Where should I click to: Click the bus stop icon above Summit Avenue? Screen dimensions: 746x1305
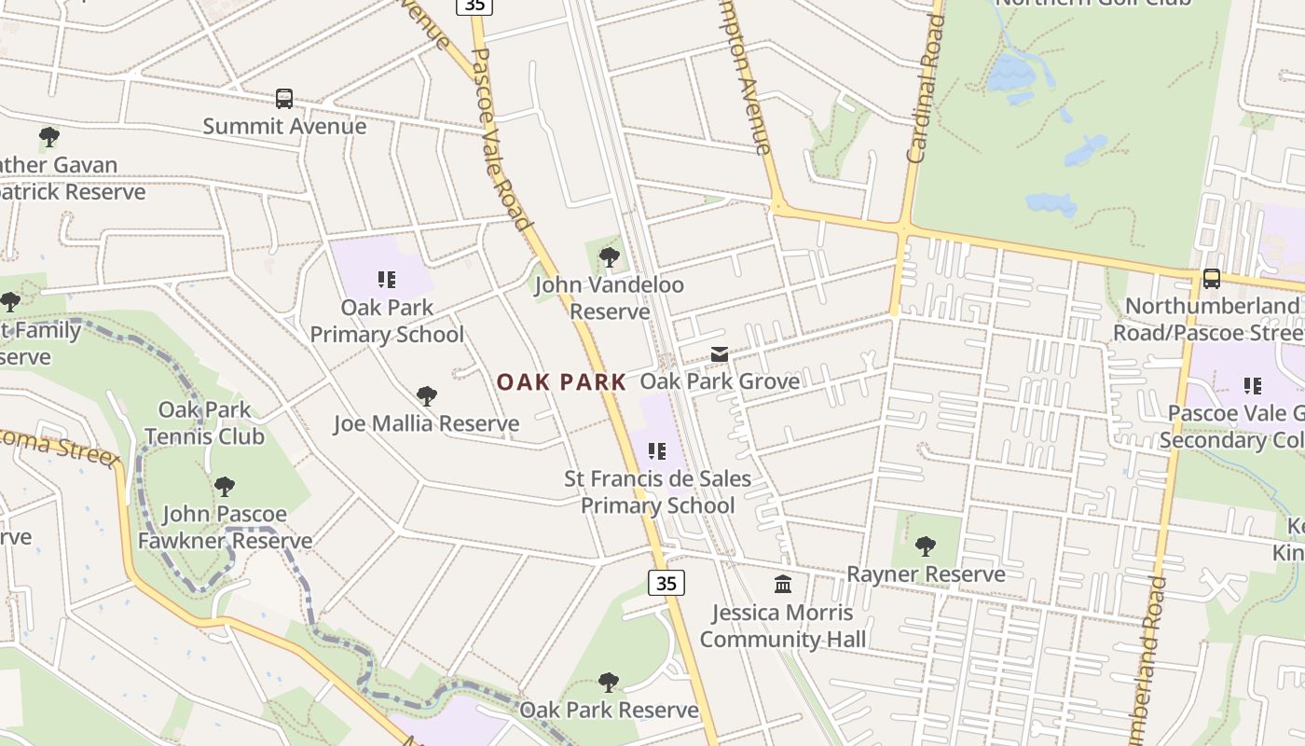[284, 98]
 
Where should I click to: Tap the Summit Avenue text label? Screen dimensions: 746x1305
[284, 126]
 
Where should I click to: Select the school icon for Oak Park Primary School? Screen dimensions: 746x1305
[387, 279]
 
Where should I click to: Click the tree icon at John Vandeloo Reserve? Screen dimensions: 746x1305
[610, 256]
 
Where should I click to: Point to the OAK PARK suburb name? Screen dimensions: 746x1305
[561, 382]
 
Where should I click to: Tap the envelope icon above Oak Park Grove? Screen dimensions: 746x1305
[720, 354]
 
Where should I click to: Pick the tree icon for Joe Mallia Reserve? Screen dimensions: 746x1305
[427, 396]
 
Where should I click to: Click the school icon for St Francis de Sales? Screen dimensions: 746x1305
[657, 451]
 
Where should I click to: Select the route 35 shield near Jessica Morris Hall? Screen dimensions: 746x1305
[666, 583]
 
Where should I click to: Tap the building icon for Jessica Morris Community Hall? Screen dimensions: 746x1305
[783, 585]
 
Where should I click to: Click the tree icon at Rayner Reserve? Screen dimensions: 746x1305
[926, 546]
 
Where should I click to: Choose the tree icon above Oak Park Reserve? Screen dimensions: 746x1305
[609, 683]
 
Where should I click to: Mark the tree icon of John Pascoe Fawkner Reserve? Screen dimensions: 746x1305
[225, 486]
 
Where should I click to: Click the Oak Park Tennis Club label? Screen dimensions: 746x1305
[204, 422]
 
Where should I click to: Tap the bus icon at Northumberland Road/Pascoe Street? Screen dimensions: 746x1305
[1211, 278]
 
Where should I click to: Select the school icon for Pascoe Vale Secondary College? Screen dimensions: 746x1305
[1253, 385]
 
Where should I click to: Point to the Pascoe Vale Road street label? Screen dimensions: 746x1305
[501, 140]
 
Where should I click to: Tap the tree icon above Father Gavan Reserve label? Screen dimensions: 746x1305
[49, 138]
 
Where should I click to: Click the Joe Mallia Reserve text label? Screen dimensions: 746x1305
[427, 424]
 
